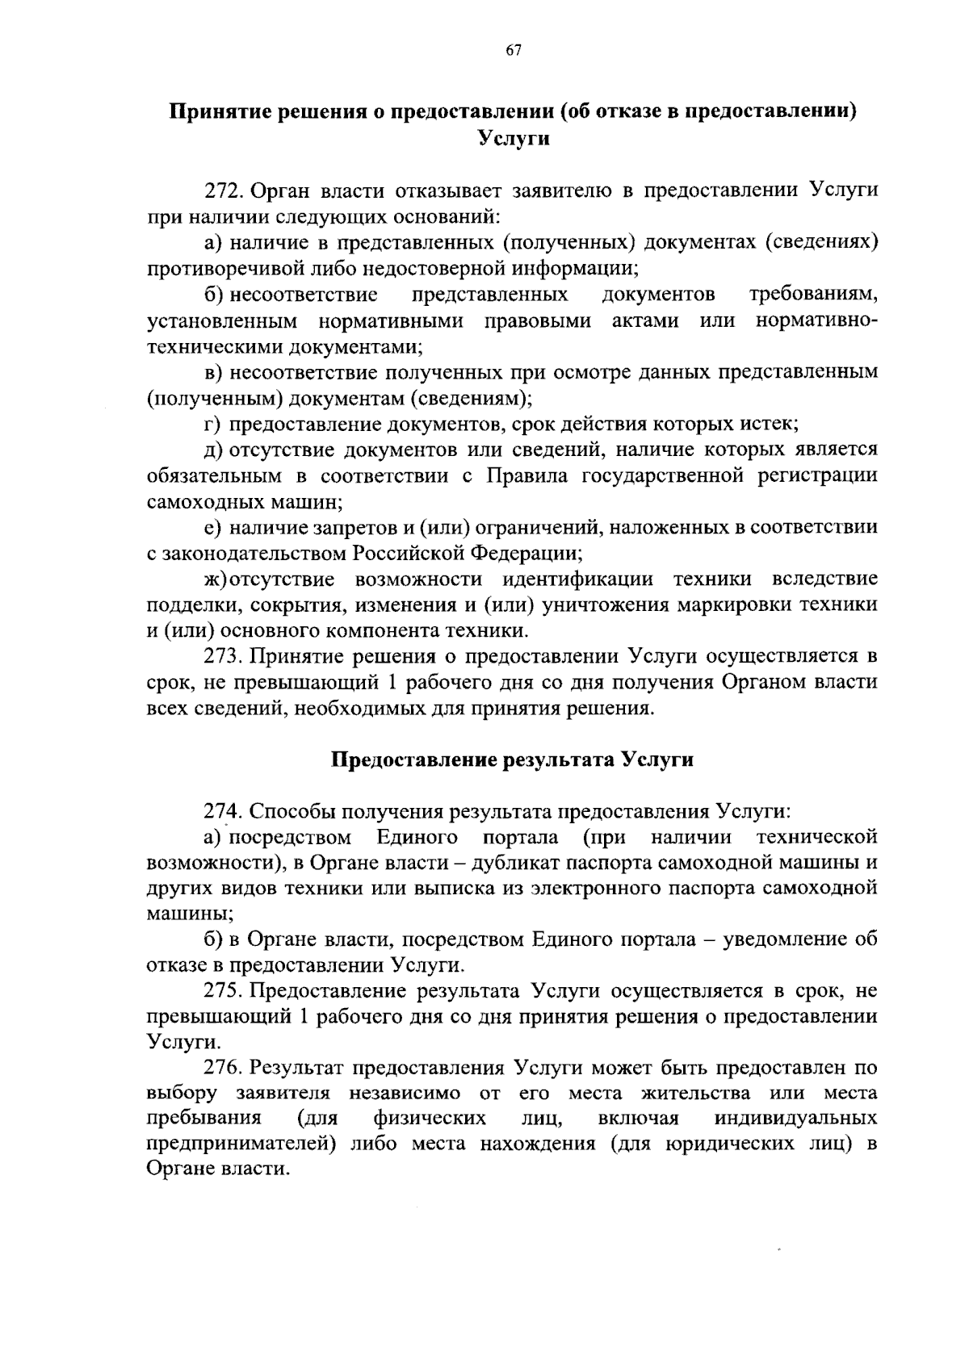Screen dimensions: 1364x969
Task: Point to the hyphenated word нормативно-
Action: click(x=817, y=320)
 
